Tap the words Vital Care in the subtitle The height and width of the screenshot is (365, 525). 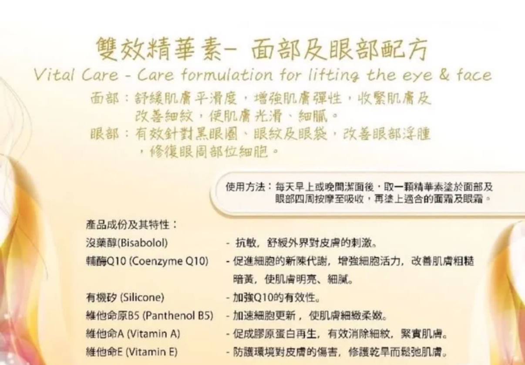pyautogui.click(x=75, y=75)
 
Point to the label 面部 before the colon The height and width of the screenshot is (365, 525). pyautogui.click(x=104, y=99)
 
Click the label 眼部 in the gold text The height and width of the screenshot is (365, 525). pyautogui.click(x=104, y=133)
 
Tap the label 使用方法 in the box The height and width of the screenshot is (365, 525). pyautogui.click(x=245, y=187)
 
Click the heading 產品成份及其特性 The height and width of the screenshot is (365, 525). pyautogui.click(x=131, y=225)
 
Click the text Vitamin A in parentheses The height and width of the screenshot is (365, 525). pyautogui.click(x=152, y=334)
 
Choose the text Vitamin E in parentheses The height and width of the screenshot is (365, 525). pyautogui.click(x=152, y=351)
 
